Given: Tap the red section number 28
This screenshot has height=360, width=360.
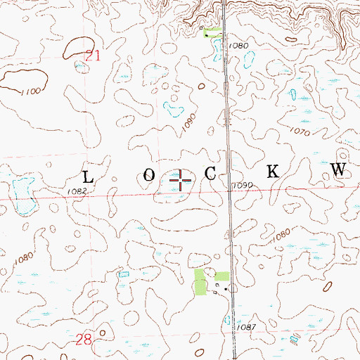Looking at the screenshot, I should (x=84, y=340).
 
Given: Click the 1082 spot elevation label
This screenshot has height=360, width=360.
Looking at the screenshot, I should (x=77, y=191).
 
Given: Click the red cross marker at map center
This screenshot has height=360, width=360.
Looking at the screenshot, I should (x=181, y=181).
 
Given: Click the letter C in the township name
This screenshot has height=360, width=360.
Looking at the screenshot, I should (x=211, y=174).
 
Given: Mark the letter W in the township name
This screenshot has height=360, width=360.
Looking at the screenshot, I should (x=339, y=170).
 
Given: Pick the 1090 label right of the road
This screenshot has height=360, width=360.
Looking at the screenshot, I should (x=242, y=185).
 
